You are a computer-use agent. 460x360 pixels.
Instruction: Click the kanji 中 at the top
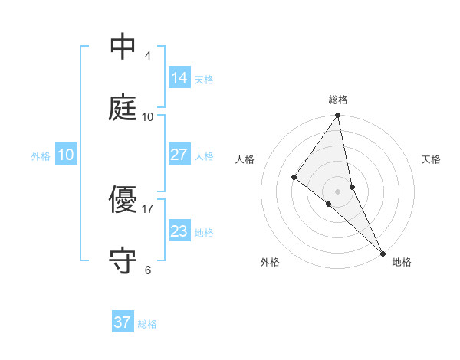click(123, 47)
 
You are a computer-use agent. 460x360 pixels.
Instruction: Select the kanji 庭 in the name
click(123, 108)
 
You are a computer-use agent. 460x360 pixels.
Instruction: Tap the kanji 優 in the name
click(123, 200)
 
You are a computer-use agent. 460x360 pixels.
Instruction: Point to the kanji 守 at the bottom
click(123, 261)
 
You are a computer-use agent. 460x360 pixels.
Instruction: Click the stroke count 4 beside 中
click(148, 56)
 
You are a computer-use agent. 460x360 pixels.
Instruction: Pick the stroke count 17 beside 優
click(148, 208)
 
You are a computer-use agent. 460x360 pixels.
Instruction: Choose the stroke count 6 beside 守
click(148, 270)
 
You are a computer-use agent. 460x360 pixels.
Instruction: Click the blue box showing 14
click(179, 78)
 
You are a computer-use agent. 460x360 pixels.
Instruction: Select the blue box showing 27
click(179, 155)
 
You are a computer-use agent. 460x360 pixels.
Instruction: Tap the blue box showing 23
click(179, 231)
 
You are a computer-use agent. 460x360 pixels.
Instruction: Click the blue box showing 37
click(123, 322)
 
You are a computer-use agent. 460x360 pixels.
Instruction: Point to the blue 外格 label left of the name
click(41, 155)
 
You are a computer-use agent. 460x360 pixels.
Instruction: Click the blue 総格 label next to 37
click(147, 324)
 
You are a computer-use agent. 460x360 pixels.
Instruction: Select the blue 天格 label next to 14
click(204, 80)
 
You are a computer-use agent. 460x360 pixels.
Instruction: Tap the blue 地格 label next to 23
click(204, 233)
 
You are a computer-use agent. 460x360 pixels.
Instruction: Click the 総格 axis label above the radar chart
click(338, 100)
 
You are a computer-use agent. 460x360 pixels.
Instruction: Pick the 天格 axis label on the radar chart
click(431, 159)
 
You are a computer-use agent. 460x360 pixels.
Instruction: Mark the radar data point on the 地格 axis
click(383, 252)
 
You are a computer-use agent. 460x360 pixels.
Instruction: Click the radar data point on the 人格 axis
click(294, 177)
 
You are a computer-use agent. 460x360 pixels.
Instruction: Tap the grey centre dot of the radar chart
click(338, 191)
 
